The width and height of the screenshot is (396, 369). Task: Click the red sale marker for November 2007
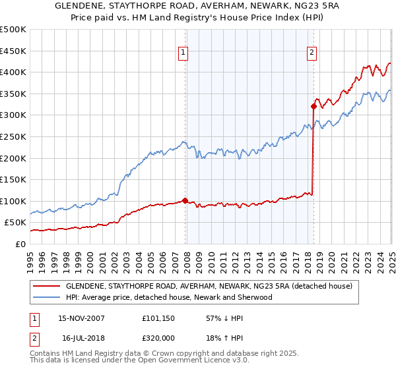click(x=185, y=200)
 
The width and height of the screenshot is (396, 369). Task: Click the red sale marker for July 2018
click(x=313, y=105)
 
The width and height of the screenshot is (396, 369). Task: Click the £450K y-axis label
click(x=13, y=51)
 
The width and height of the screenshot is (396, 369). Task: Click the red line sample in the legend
click(x=47, y=286)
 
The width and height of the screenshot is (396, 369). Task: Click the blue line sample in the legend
click(x=47, y=297)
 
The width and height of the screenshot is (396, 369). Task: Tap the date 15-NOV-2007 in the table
click(x=81, y=318)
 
